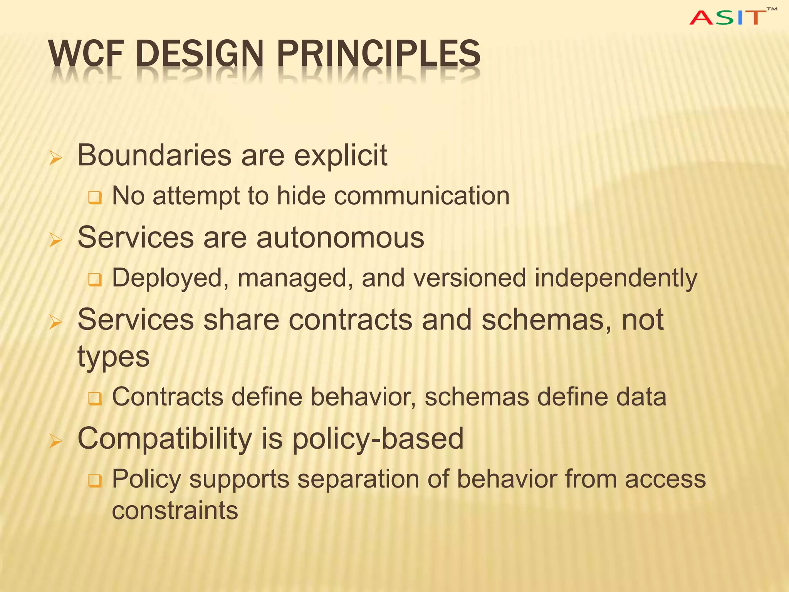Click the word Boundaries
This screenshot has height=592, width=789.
coord(154,155)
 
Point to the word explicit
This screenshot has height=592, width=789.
coord(341,156)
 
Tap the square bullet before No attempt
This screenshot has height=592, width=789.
coord(95,198)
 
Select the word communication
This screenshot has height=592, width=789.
coord(421,196)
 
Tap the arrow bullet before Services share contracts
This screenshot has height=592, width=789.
coord(55,322)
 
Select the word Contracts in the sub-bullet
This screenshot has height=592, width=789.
coord(168,397)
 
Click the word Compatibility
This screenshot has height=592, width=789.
coord(165,439)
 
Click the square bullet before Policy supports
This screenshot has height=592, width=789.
coord(95,481)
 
